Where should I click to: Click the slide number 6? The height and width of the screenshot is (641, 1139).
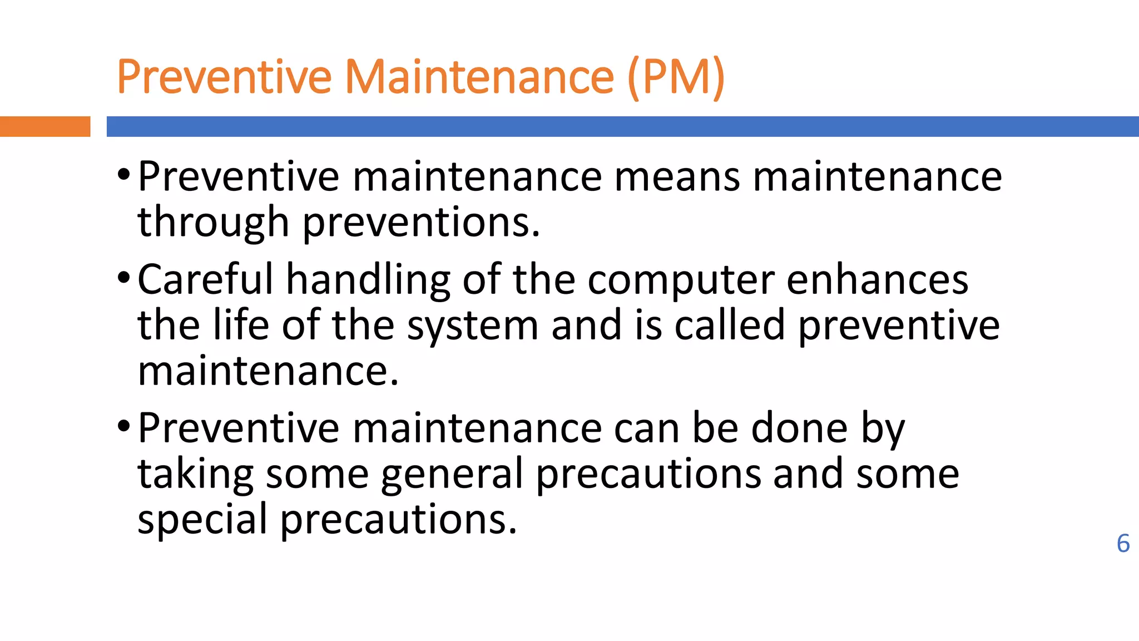1123,544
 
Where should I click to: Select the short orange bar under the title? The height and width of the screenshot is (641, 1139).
45,126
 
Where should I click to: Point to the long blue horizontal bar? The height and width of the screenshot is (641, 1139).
622,126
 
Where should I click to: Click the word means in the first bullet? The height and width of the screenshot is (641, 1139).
677,177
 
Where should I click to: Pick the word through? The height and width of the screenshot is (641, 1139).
213,222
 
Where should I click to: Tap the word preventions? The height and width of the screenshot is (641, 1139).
421,222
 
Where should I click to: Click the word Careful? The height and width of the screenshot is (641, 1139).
205,279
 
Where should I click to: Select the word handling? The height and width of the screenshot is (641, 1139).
368,279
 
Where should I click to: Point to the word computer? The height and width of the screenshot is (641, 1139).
681,279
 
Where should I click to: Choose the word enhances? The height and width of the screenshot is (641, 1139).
877,279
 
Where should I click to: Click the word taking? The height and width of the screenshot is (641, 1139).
195,474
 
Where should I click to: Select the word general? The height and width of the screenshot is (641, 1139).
452,474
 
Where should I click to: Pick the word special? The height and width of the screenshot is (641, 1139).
202,519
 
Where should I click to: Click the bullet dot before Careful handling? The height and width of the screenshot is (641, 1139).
123,277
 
